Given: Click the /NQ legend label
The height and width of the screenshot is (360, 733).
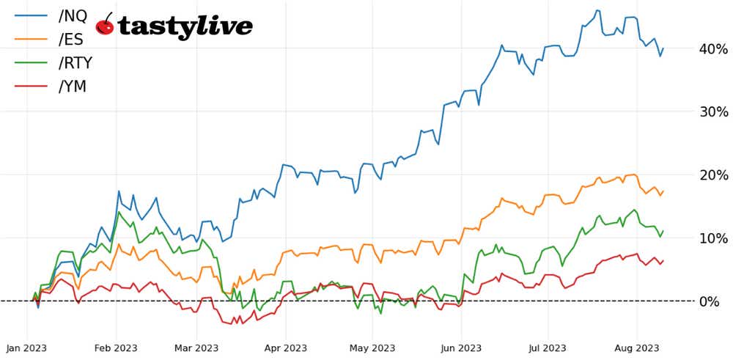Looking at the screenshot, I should (x=72, y=14).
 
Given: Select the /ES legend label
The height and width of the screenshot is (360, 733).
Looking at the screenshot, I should (x=70, y=38).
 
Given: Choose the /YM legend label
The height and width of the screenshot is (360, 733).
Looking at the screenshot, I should (x=73, y=87).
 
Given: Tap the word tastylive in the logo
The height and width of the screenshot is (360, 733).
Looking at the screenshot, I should (x=185, y=26).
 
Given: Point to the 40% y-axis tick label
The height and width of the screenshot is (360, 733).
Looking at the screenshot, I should (x=713, y=49).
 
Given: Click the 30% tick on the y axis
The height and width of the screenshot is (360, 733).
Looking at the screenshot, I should (x=713, y=112).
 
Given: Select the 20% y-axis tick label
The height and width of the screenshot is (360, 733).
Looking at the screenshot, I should (x=713, y=175).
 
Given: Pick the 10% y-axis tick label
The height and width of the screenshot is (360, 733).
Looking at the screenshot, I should (x=713, y=238).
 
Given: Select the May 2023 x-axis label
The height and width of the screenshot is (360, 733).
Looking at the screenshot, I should (x=372, y=348).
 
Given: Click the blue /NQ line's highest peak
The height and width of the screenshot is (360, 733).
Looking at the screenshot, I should (x=598, y=10).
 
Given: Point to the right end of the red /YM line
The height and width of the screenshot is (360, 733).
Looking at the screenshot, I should (x=663, y=260).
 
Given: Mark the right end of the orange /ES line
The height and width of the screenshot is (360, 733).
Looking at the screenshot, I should (x=663, y=191).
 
